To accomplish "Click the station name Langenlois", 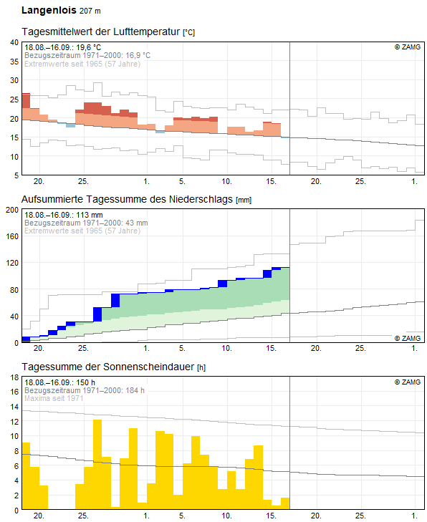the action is click(49, 10).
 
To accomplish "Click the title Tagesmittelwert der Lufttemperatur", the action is click(101, 32).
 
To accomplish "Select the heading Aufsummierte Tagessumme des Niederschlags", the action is click(128, 199).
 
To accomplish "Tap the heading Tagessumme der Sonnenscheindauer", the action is click(109, 367).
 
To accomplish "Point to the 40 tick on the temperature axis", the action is click(14, 42).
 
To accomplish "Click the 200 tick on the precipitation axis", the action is click(12, 210).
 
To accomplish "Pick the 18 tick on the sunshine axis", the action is click(14, 377).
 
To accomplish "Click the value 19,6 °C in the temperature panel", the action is click(89, 47).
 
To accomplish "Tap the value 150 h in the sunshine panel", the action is click(85, 382).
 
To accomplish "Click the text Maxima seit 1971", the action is click(54, 398).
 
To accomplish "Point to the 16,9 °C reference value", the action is click(138, 55).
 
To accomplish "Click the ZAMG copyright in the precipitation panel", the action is click(408, 338).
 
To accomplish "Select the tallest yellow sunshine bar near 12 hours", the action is click(97, 465).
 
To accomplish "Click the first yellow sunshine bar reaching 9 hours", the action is click(26, 475).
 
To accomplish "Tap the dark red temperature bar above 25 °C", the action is click(26, 101).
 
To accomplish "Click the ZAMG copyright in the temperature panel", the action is click(408, 47).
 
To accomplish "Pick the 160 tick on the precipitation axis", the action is click(12, 236).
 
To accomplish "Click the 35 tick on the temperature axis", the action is click(14, 62).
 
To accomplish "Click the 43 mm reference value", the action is click(137, 223).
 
